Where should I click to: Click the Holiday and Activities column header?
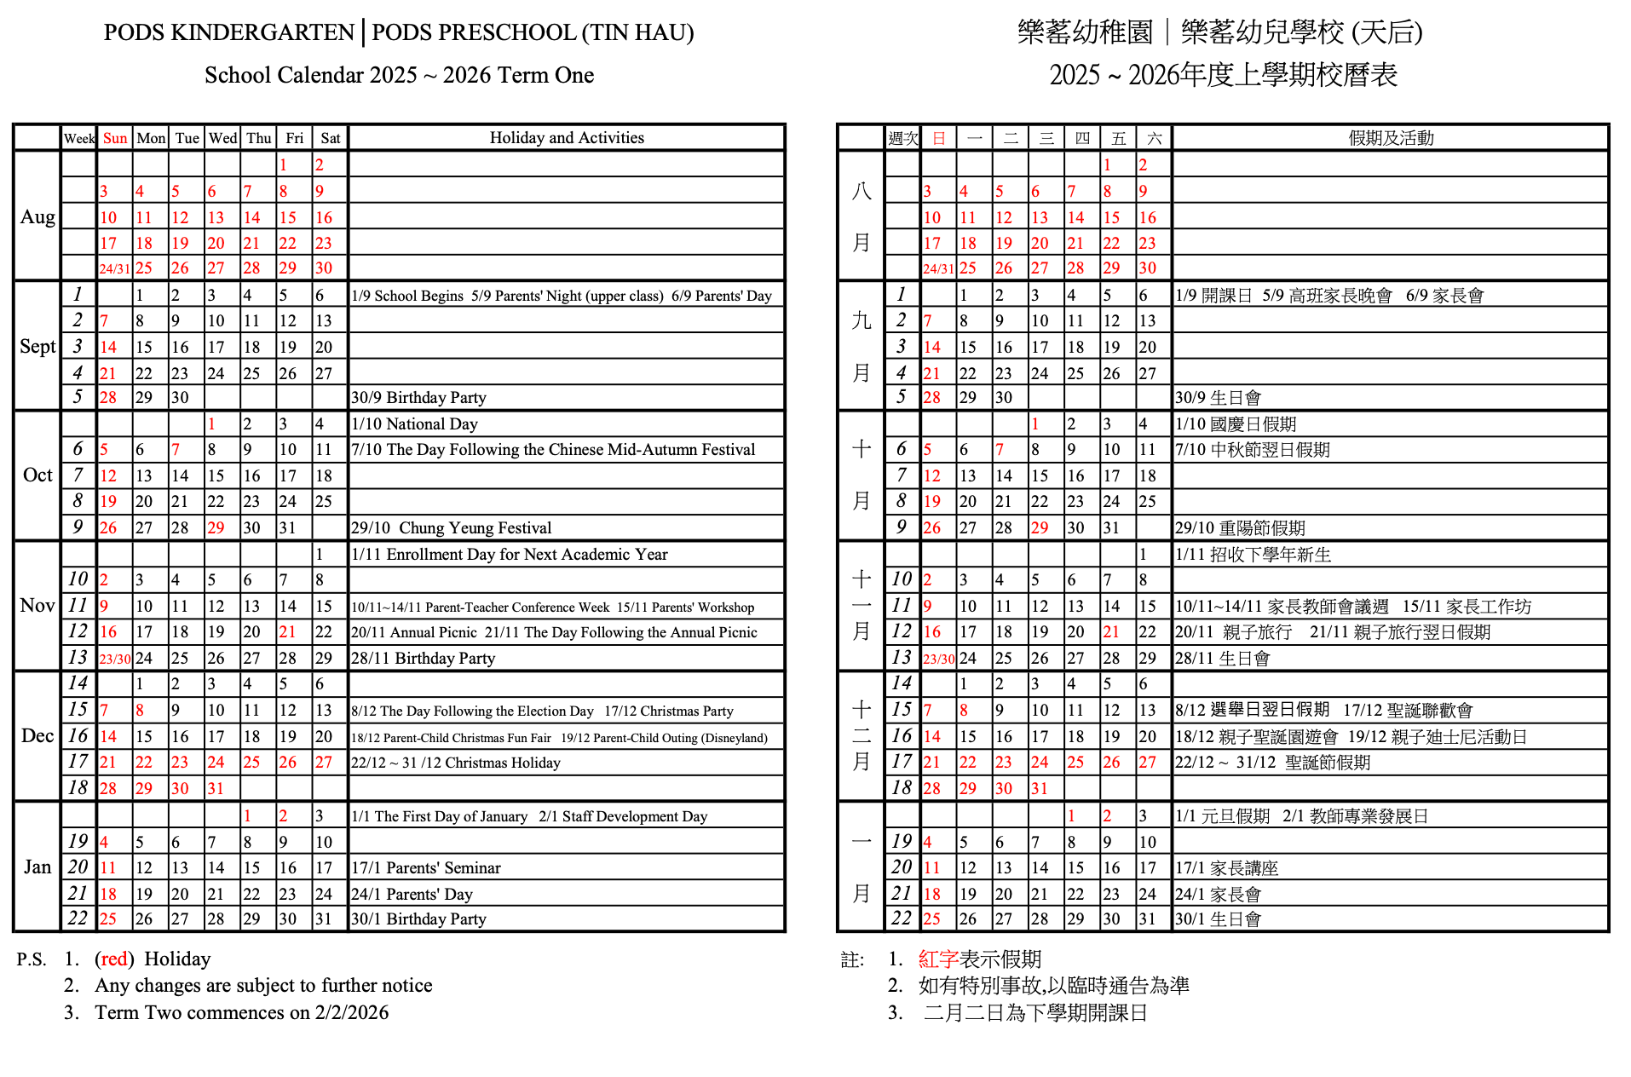[567, 138]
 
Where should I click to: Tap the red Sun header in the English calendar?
[115, 138]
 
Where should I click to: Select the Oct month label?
[37, 475]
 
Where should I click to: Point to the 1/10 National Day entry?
[415, 424]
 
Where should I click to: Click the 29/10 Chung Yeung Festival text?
[452, 528]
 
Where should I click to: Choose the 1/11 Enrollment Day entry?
[510, 555]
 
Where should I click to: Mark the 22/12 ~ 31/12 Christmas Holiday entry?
[456, 763]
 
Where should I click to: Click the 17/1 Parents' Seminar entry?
[426, 868]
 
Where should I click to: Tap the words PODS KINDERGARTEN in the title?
[228, 33]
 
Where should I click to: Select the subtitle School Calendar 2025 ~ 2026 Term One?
[399, 75]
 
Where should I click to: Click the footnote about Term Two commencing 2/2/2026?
[241, 1012]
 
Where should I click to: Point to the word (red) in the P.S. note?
[114, 959]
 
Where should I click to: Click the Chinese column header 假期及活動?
[1391, 138]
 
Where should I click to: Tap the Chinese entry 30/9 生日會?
[1218, 398]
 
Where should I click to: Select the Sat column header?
[331, 138]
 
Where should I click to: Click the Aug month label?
[37, 217]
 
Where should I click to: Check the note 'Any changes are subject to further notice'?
[263, 986]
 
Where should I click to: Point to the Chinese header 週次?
[903, 138]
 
